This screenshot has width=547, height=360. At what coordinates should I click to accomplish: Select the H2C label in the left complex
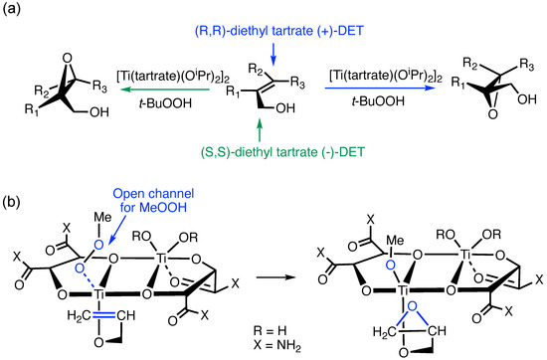75,315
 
